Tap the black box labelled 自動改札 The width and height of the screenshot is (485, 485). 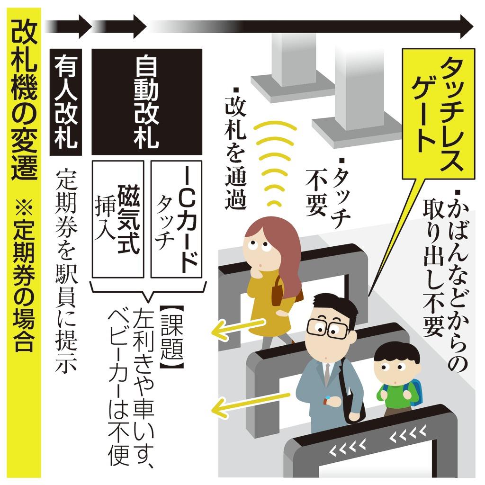(x=146, y=102)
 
